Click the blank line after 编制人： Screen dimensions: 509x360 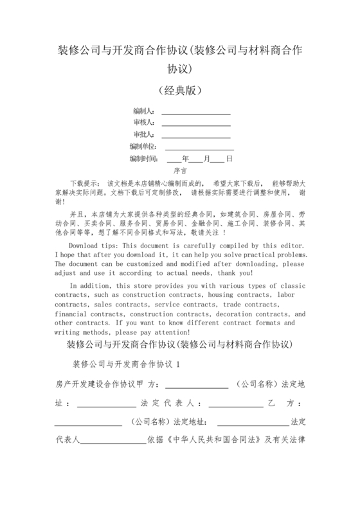coord(195,111)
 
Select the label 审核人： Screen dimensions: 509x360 coord(143,122)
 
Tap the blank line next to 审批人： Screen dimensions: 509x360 coord(195,135)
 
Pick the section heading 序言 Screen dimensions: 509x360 coord(180,172)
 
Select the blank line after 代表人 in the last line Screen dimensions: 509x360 coord(112,441)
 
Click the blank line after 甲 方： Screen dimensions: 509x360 coord(197,384)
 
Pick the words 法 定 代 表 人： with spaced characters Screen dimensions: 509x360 coord(173,403)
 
